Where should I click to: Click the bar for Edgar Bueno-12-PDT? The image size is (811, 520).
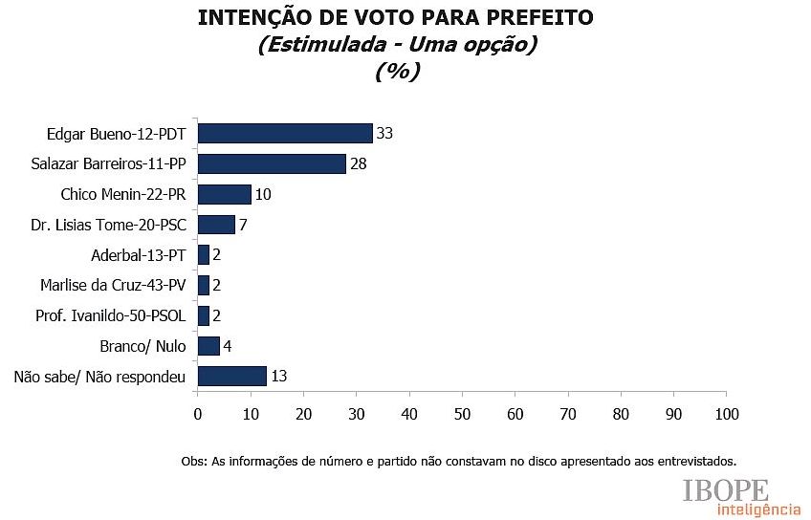point(284,134)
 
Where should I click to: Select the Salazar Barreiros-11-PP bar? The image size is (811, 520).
point(271,163)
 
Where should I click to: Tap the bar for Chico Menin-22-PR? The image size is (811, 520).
point(224,194)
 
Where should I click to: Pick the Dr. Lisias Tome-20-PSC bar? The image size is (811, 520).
point(216,225)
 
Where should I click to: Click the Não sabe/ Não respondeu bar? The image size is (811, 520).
point(231,376)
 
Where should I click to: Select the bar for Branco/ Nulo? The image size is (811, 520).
point(208,345)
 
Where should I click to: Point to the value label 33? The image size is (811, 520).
point(384,134)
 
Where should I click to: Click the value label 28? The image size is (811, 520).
point(358,163)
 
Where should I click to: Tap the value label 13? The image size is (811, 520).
point(278,376)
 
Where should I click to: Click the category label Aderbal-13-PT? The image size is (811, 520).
point(138,255)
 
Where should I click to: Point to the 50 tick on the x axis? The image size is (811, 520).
point(462,414)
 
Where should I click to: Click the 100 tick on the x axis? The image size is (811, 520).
point(727,414)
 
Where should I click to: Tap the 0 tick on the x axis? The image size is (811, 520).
point(198,414)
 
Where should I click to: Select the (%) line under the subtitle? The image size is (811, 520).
point(397,72)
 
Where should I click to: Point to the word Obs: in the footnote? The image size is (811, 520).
point(192,460)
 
